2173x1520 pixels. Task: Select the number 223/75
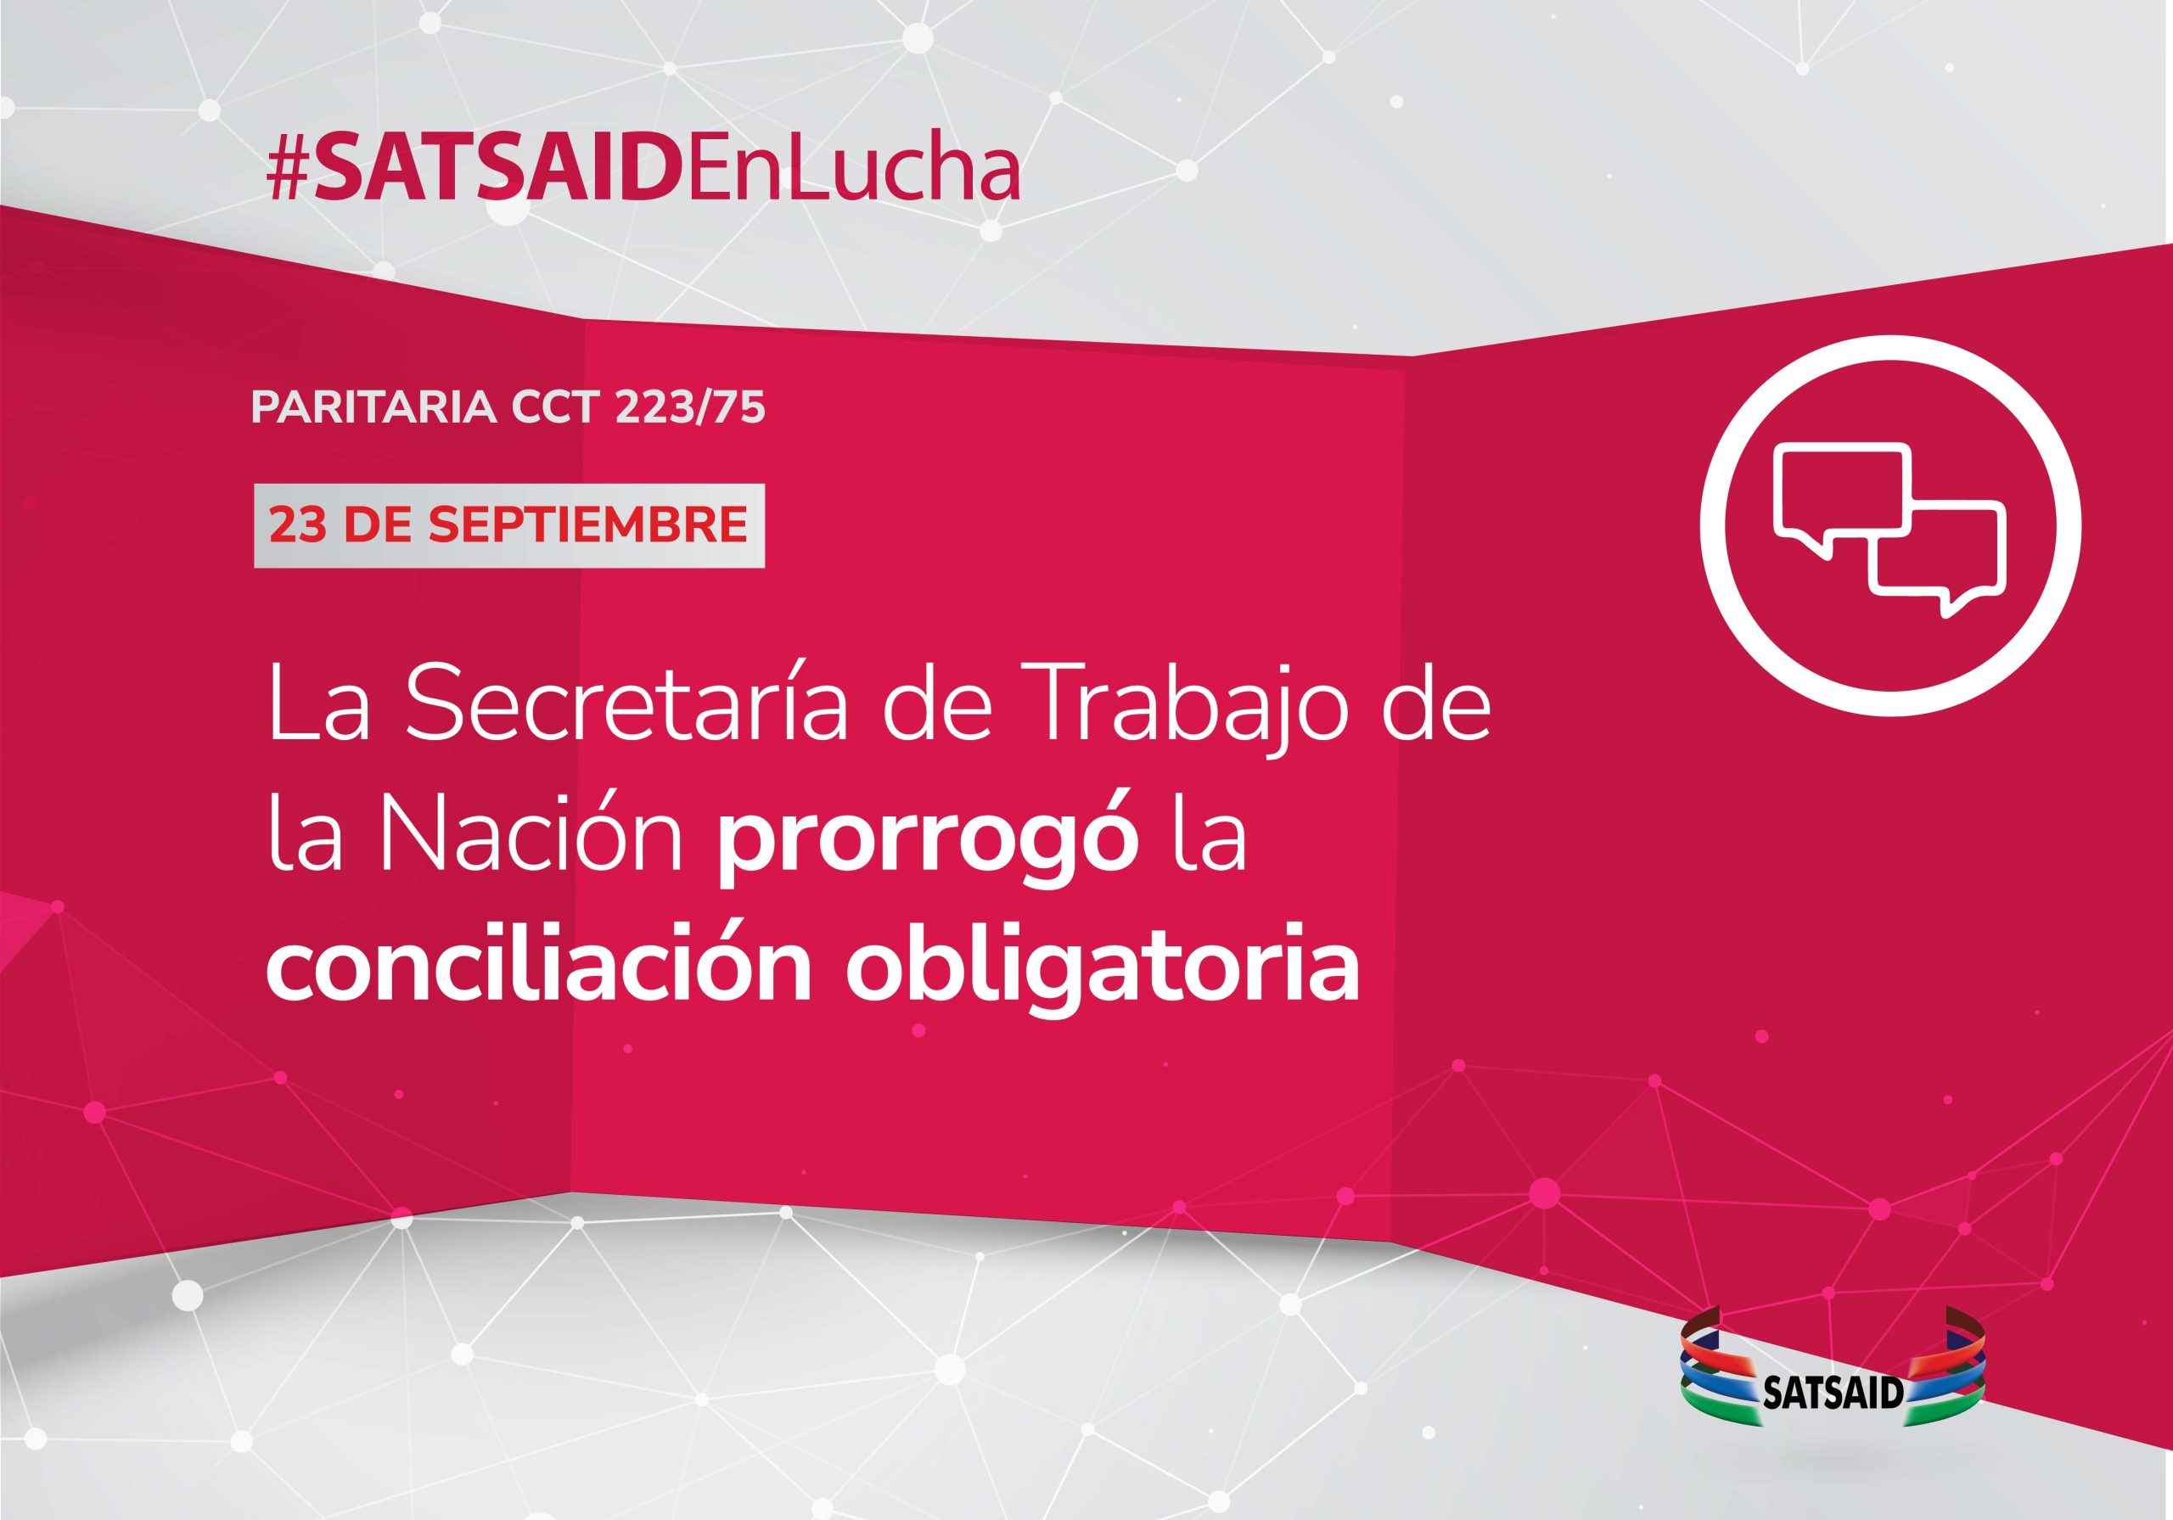pyautogui.click(x=689, y=407)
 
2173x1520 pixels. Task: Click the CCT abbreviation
pyautogui.click(x=554, y=407)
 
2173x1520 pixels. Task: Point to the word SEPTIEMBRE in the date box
pyautogui.click(x=587, y=525)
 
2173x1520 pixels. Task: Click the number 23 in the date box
pyautogui.click(x=297, y=525)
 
